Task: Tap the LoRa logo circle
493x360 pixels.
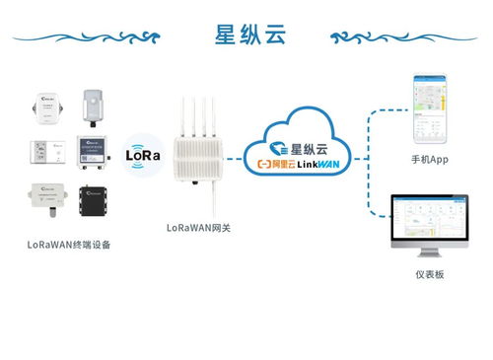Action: tap(143, 155)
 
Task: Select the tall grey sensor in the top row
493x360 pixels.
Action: tap(92, 107)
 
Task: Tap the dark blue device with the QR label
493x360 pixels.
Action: tap(93, 154)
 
